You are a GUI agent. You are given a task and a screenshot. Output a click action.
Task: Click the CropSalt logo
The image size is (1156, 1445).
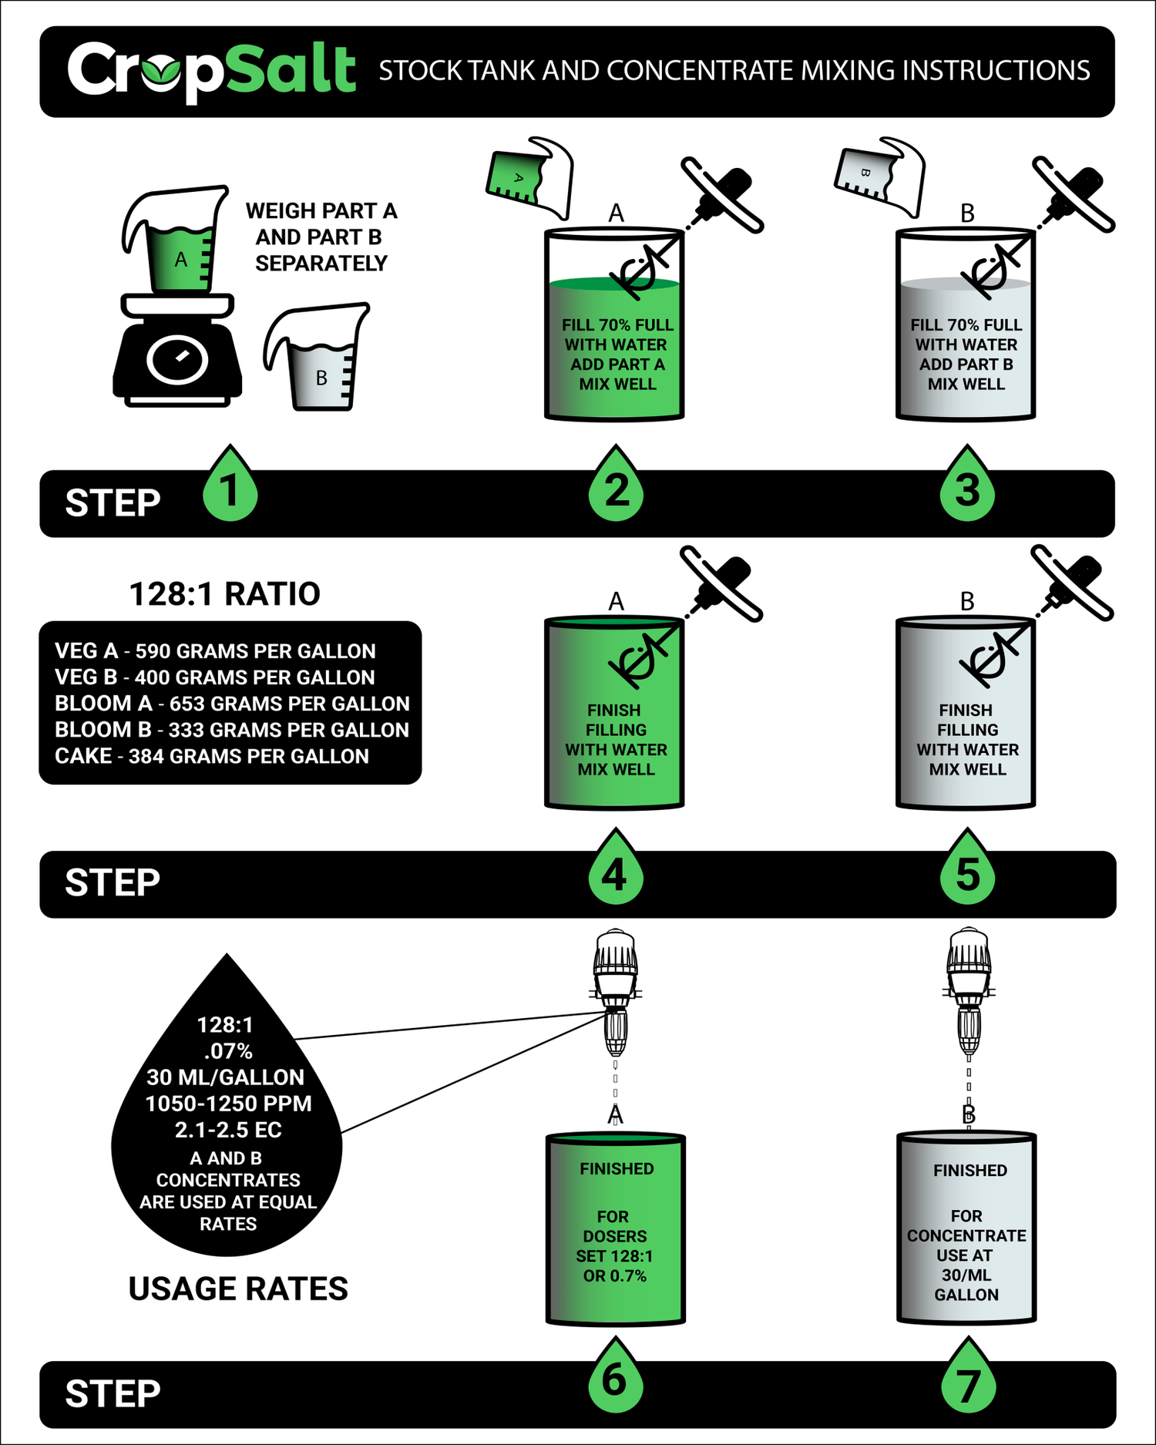click(212, 70)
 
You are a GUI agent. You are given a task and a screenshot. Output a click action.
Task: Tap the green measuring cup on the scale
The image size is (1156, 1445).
click(176, 240)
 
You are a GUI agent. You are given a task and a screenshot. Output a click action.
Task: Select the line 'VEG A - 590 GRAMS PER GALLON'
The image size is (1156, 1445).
click(215, 651)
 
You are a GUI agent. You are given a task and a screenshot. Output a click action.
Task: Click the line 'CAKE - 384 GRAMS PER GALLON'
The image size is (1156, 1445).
click(212, 756)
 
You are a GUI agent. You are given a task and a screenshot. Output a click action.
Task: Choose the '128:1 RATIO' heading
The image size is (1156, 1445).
click(224, 594)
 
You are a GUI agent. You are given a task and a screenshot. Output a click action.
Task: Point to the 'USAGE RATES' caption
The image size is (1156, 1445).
click(238, 1289)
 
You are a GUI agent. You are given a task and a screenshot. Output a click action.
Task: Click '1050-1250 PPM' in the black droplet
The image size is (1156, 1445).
click(228, 1104)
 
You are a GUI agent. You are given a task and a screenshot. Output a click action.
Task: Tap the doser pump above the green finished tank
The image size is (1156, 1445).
click(615, 992)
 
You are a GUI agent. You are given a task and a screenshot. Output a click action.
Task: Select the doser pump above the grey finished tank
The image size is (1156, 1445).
click(968, 992)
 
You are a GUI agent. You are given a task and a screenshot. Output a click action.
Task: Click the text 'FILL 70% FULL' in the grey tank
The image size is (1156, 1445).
click(966, 325)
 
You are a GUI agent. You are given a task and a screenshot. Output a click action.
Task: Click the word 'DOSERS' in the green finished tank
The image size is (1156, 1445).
click(615, 1236)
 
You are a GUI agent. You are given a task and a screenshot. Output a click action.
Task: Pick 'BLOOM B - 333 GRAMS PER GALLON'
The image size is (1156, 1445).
click(232, 730)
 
